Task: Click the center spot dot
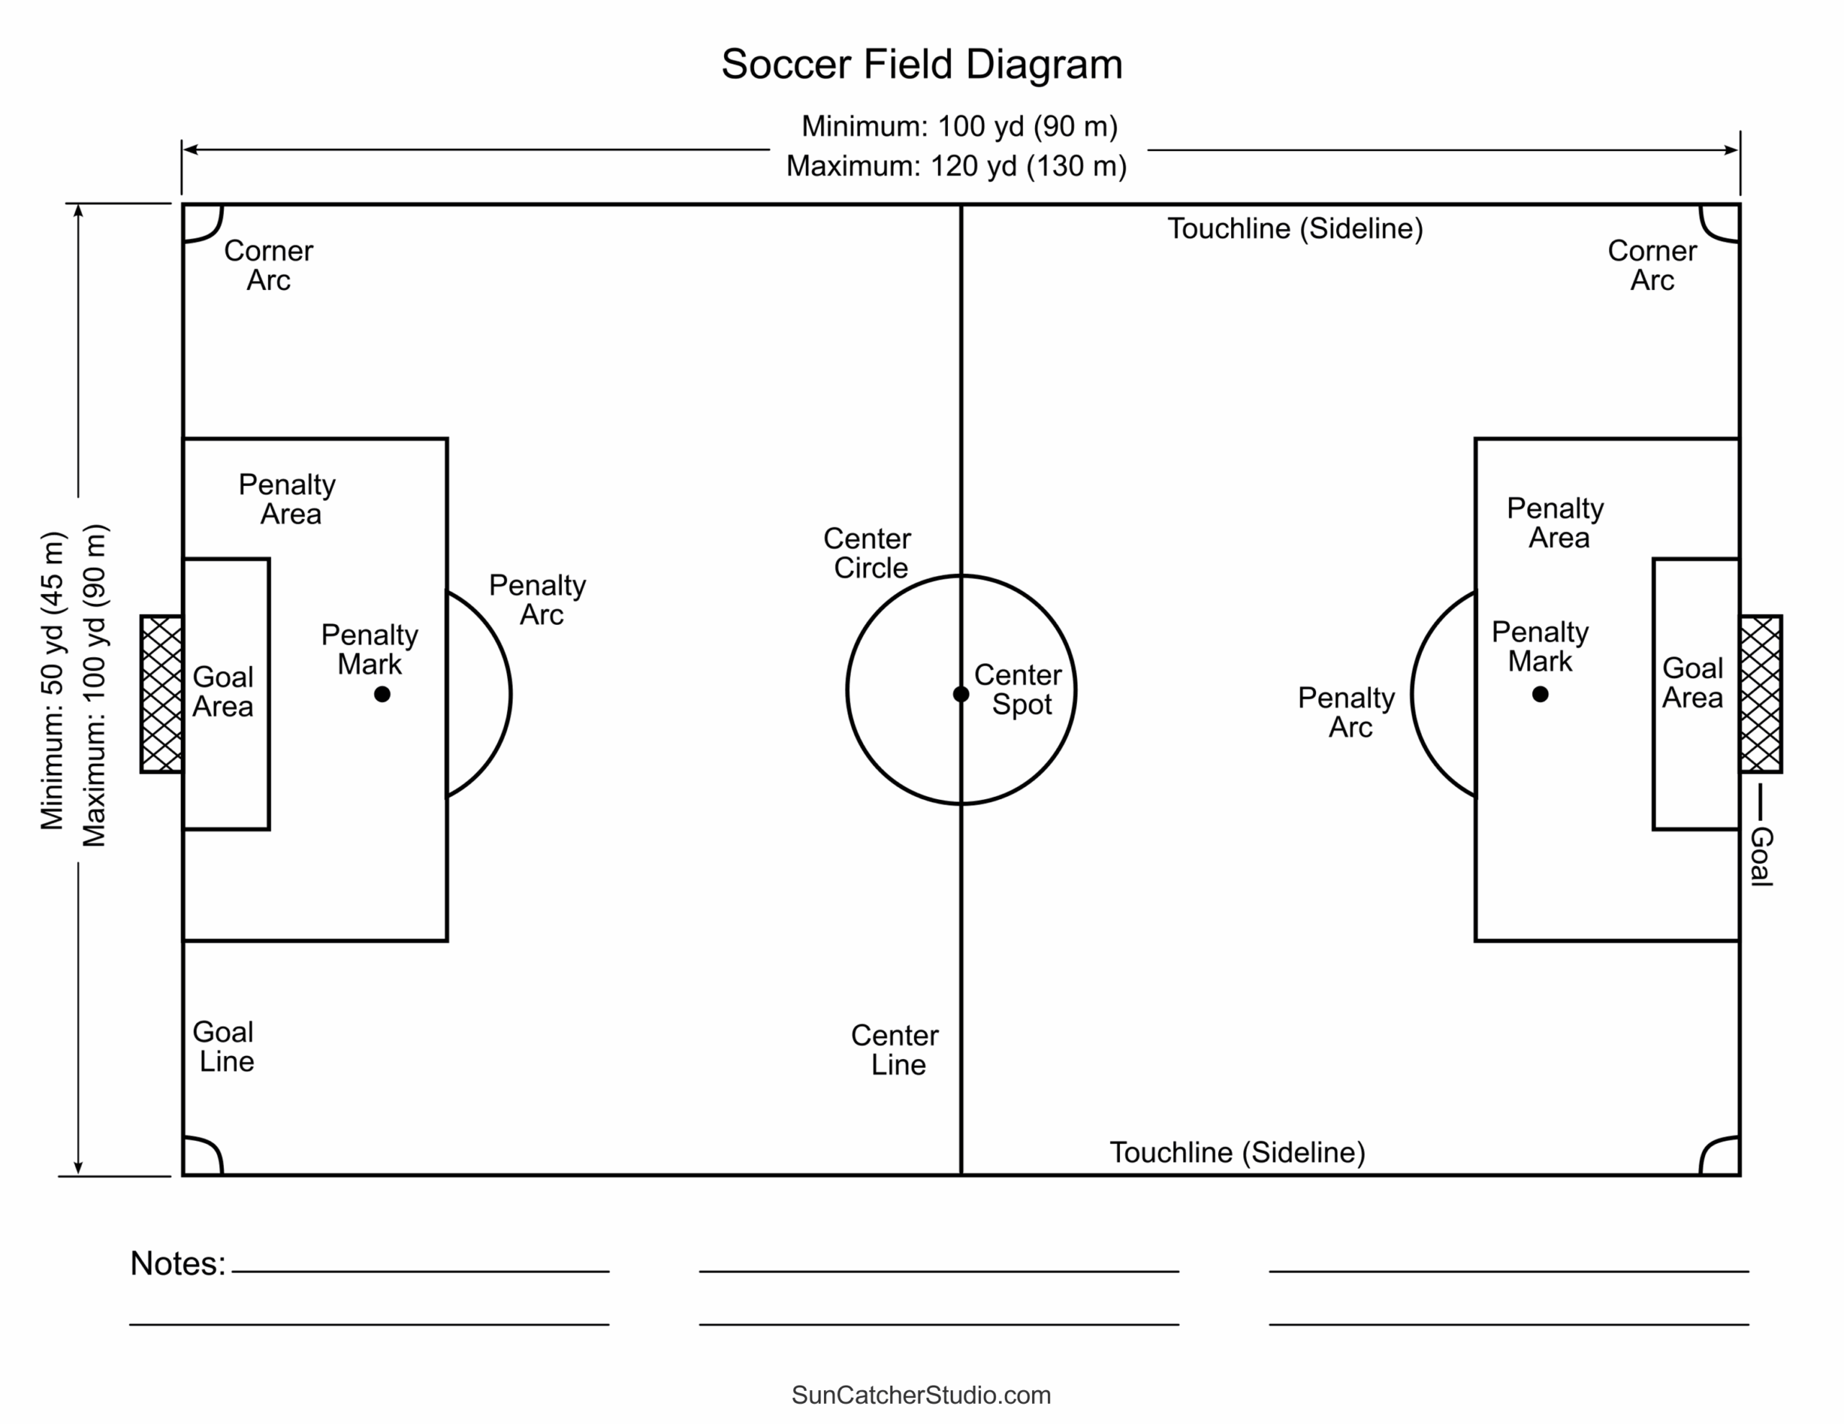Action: click(961, 694)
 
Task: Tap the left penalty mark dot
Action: click(382, 694)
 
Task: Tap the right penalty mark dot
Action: click(1540, 694)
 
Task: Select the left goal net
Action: click(161, 694)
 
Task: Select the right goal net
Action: click(1760, 694)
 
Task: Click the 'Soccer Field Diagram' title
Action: click(921, 64)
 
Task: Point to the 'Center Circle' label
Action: click(868, 553)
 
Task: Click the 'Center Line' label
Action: click(895, 1049)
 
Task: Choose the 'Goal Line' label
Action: click(224, 1046)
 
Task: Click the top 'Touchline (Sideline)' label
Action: click(1294, 229)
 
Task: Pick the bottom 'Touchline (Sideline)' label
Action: click(1236, 1152)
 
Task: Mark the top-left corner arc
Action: click(202, 223)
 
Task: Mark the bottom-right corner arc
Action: click(1719, 1156)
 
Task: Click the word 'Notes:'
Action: click(178, 1263)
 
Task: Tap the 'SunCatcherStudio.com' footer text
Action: click(921, 1394)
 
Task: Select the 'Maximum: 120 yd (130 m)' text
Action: click(956, 166)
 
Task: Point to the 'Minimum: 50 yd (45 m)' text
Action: click(53, 680)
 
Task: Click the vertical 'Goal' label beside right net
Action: click(1761, 856)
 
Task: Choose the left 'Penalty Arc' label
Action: click(538, 599)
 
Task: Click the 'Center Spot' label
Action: click(1019, 690)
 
